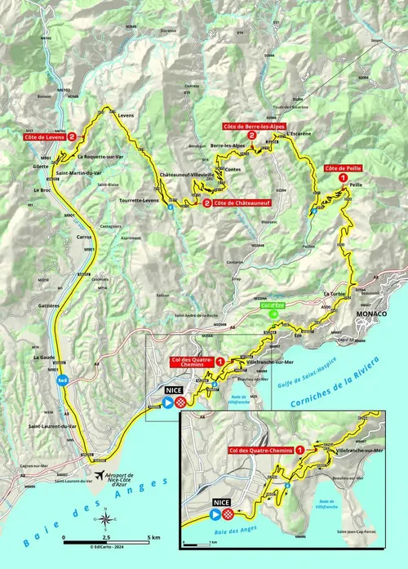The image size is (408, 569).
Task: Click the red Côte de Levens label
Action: tap(45, 137)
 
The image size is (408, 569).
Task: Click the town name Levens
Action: tap(126, 116)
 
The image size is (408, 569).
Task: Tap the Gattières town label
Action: tap(47, 305)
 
